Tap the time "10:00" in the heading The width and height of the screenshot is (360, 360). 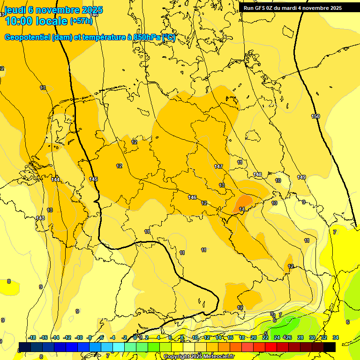pyautogui.click(x=18, y=21)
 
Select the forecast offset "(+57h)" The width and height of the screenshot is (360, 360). pyautogui.click(x=81, y=21)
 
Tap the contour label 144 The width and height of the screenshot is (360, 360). pyautogui.click(x=55, y=180)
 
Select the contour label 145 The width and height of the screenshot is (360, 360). pyautogui.click(x=93, y=179)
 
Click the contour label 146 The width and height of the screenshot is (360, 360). pyautogui.click(x=192, y=197)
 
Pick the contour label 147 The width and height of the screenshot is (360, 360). pyautogui.click(x=218, y=166)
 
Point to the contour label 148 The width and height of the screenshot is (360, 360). pyautogui.click(x=257, y=174)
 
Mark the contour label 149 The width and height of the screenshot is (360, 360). pyautogui.click(x=301, y=177)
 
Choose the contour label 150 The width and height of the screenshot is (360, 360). pyautogui.click(x=315, y=116)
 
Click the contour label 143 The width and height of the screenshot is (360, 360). pyautogui.click(x=40, y=218)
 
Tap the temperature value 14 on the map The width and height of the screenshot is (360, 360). pyautogui.click(x=242, y=209)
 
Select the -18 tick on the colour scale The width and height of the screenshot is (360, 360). pyautogui.click(x=32, y=337)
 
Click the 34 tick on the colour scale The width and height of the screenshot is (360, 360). pyautogui.click(x=336, y=337)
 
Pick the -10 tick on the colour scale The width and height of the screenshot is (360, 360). pyautogui.click(x=79, y=337)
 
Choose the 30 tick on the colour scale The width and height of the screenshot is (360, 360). pyautogui.click(x=312, y=337)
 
